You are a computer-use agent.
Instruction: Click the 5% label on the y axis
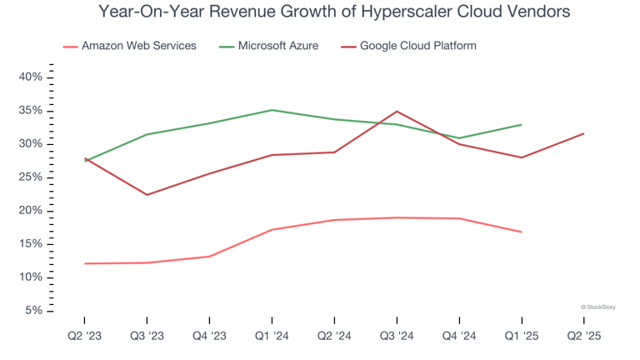point(33,311)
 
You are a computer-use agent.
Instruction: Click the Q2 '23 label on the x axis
point(84,335)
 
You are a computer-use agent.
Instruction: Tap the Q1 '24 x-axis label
point(272,335)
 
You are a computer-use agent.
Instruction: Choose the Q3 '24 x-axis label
point(397,335)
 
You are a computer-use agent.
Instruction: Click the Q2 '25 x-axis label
point(583,335)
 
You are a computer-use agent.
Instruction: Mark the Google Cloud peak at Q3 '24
point(397,111)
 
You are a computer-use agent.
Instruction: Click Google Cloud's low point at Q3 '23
point(147,195)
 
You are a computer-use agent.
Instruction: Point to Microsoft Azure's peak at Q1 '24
point(272,110)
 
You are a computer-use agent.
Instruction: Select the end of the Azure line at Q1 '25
point(522,124)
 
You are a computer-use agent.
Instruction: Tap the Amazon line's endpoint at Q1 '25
point(522,232)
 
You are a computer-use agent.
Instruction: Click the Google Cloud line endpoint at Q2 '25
point(583,133)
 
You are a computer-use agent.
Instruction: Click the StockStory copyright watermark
point(597,307)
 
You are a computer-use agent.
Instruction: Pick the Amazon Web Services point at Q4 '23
point(209,257)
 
